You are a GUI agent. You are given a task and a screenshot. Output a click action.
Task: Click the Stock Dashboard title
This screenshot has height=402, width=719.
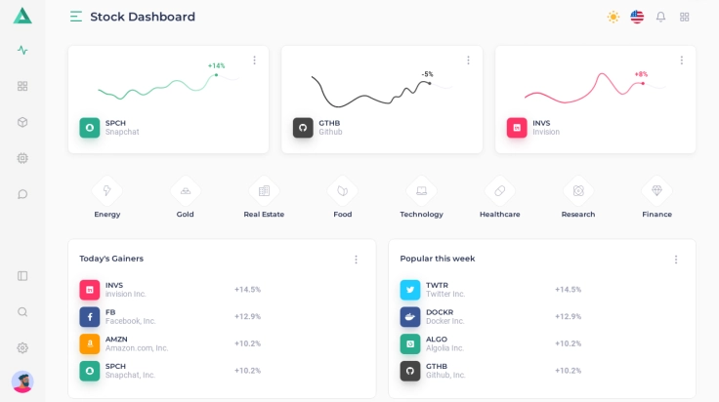coord(143,17)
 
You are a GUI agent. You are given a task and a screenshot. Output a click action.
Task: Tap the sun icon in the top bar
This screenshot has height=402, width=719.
coord(613,17)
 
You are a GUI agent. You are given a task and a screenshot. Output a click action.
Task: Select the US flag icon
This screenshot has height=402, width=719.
coord(637,17)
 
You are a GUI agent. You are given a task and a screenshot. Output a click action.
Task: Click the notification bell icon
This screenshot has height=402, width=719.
coord(660,17)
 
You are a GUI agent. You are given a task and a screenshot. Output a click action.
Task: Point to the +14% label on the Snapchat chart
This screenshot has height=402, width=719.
coord(216,65)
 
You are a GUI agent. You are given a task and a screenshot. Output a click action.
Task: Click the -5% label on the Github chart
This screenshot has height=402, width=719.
coord(427,74)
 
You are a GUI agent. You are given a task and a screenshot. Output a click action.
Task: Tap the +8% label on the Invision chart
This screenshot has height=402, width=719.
coord(641,74)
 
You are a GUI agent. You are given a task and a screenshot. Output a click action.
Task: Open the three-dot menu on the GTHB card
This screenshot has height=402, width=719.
coord(468,60)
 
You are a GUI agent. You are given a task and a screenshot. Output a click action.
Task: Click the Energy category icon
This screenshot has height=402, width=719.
coord(107,190)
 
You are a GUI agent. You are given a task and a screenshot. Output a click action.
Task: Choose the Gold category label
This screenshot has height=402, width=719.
coord(186,214)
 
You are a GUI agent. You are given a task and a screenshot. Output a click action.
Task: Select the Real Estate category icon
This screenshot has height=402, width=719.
coord(264,190)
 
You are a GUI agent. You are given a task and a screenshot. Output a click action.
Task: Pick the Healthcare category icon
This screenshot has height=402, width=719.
coord(499,190)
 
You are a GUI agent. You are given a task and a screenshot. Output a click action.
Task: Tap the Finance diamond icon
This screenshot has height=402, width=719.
coord(656,190)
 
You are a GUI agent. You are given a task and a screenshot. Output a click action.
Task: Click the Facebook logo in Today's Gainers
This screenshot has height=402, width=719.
coord(90,317)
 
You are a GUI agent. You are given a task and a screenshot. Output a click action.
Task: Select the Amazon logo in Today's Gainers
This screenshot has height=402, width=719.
coord(90,343)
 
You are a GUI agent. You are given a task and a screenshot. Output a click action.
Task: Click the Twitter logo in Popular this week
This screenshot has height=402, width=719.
coord(410,290)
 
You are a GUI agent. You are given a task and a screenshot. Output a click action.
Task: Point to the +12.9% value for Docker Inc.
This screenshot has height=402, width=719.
coord(568,316)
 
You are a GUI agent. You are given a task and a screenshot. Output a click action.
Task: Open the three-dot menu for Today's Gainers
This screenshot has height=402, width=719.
coord(356,260)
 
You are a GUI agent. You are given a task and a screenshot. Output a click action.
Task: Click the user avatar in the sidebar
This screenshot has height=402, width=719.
coord(22,382)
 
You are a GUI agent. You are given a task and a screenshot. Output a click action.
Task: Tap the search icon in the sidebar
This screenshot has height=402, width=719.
coord(22,312)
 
